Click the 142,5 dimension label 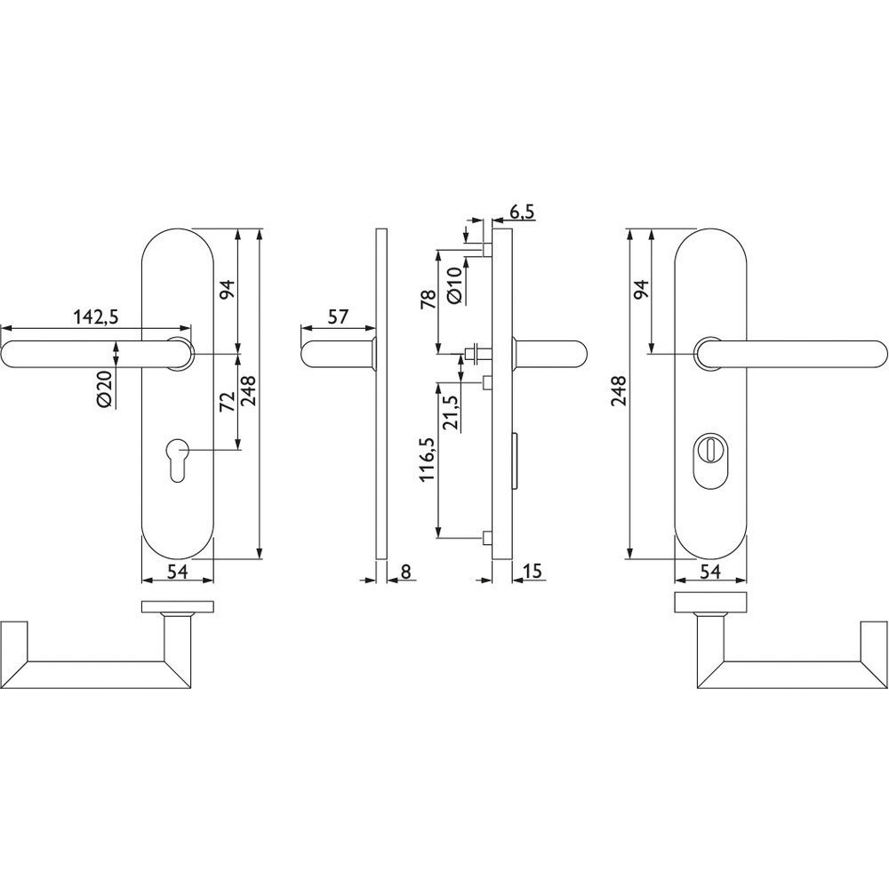[96, 317]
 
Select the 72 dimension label [227, 402]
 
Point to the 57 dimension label [338, 316]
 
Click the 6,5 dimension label [522, 212]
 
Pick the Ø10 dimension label [456, 286]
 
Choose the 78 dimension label [428, 299]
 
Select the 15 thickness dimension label [533, 571]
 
